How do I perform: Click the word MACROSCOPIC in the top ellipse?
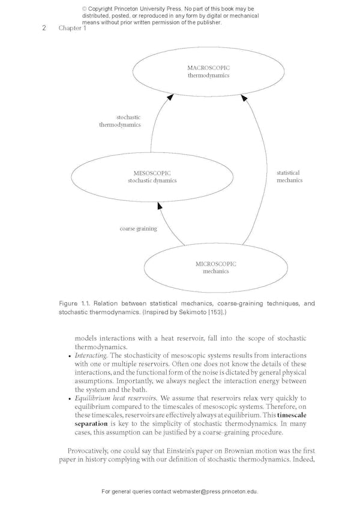pos(208,68)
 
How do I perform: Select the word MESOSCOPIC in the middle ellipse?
pos(152,173)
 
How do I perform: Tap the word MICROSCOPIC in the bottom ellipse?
pos(216,264)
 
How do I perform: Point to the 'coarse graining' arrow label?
pos(138,229)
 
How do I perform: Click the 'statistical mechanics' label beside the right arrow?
pos(289,176)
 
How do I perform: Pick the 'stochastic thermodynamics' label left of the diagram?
pos(120,121)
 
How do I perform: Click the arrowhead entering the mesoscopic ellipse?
pos(160,206)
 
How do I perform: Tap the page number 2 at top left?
pos(44,28)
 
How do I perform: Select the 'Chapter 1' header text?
pos(72,28)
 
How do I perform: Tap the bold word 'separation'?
pos(91,423)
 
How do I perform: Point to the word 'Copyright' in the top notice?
pos(104,10)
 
